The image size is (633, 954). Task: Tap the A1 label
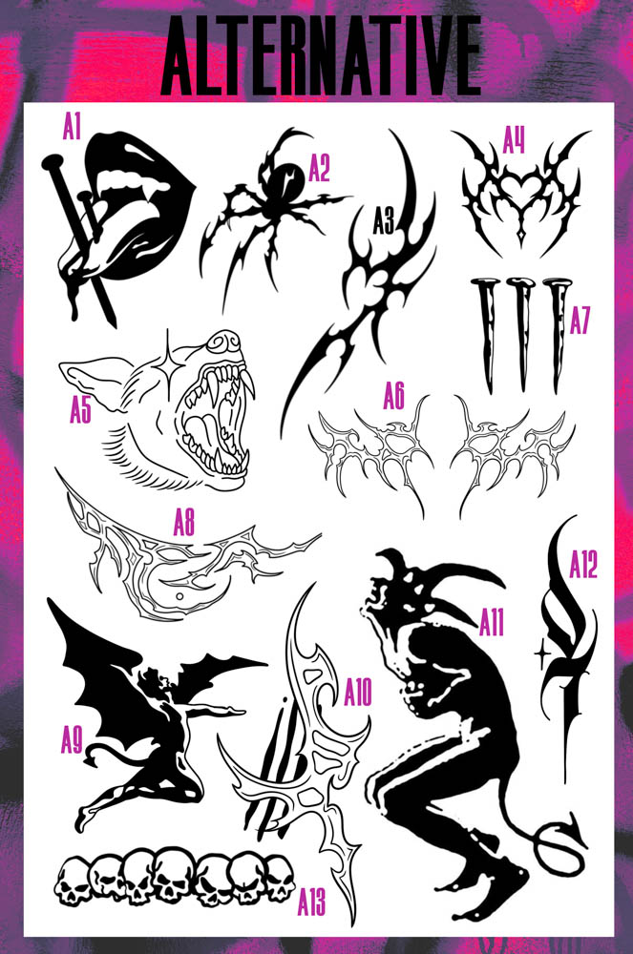73,126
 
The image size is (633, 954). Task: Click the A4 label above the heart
515,144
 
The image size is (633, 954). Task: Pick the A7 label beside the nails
580,321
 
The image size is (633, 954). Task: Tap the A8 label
183,522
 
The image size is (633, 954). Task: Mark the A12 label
582,566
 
